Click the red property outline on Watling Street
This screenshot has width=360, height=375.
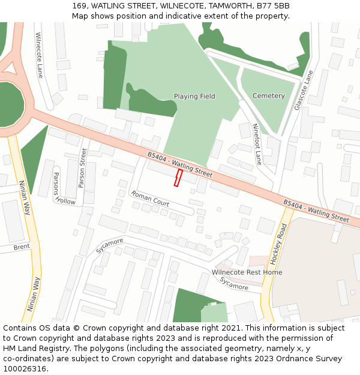[x=178, y=178]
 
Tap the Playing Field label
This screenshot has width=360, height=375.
[x=194, y=96]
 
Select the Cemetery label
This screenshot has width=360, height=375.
[x=268, y=96]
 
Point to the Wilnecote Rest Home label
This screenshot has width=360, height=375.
[x=247, y=272]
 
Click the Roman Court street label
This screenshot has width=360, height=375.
[x=150, y=199]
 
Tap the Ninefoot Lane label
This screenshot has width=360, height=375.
[x=257, y=145]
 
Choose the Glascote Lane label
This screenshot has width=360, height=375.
[x=304, y=90]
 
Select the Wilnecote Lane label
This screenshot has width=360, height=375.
[x=40, y=55]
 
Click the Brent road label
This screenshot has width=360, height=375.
[x=22, y=247]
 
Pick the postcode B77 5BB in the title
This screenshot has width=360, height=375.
[x=273, y=6]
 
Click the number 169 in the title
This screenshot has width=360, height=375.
[x=79, y=6]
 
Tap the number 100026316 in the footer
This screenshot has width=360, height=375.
[x=25, y=369]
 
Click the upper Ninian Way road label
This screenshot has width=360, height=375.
[x=25, y=197]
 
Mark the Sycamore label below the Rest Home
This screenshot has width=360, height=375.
[x=233, y=283]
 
